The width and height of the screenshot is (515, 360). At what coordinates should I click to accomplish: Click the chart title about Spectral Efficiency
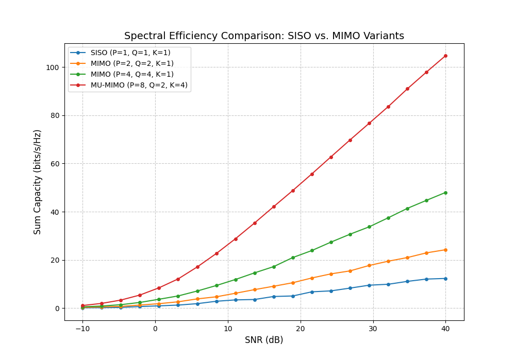click(264, 36)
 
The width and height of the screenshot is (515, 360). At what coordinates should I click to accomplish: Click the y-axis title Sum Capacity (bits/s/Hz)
click(38, 182)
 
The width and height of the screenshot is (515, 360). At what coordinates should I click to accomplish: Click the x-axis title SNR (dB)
click(264, 340)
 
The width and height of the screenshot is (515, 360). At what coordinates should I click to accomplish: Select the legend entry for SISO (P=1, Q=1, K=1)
click(130, 53)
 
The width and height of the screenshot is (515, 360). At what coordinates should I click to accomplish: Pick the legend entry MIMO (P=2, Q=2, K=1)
click(132, 63)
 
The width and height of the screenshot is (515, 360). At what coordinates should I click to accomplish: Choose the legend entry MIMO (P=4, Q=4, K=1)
click(132, 74)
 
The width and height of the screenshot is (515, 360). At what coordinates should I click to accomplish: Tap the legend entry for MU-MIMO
click(139, 85)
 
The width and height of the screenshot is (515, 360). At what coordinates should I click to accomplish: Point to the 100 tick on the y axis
click(53, 67)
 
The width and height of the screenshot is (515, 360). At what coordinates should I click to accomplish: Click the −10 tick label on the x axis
click(82, 329)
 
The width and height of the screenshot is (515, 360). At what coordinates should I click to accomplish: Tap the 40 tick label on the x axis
click(445, 329)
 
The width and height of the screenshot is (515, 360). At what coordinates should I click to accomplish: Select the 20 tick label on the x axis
click(301, 329)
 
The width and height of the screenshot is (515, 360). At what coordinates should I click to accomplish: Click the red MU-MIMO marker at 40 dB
click(445, 56)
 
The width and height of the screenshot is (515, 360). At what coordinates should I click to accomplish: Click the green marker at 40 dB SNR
click(445, 193)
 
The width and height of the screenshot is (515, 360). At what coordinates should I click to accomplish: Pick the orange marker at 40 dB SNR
click(445, 250)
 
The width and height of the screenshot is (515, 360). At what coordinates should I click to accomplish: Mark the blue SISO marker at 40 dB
click(445, 279)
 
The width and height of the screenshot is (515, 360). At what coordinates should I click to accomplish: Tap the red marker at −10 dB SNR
click(82, 305)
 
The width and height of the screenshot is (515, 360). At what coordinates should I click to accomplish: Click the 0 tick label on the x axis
click(155, 329)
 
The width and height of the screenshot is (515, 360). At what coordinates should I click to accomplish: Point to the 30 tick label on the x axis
click(373, 329)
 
